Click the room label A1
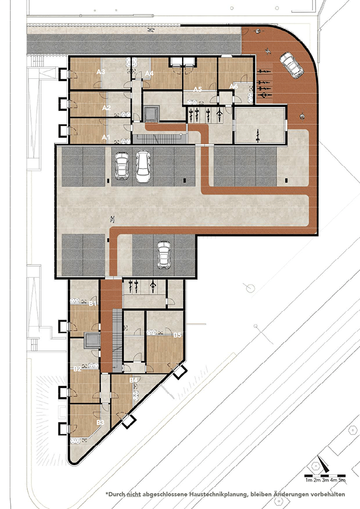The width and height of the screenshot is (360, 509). pyautogui.click(x=106, y=138)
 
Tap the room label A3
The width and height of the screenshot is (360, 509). pyautogui.click(x=100, y=72)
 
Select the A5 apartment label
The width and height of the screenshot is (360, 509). pyautogui.click(x=197, y=89)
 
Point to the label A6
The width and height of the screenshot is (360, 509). pyautogui.click(x=233, y=86)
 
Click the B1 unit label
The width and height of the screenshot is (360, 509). pyautogui.click(x=93, y=304)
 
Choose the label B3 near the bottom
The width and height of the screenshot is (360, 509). pyautogui.click(x=100, y=423)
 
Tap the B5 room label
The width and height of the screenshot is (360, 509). pyautogui.click(x=177, y=335)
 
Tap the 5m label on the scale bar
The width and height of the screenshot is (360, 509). pyautogui.click(x=342, y=482)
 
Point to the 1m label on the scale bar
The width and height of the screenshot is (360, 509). pyautogui.click(x=309, y=482)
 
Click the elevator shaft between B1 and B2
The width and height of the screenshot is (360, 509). pyautogui.click(x=92, y=341)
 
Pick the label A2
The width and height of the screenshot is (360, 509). pyautogui.click(x=106, y=108)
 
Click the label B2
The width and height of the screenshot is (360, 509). pyautogui.click(x=77, y=369)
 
